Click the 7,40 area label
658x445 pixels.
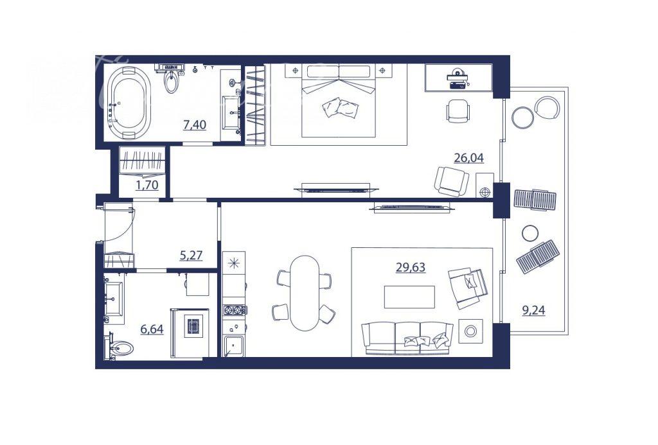point(194,125)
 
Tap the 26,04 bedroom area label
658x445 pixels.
point(468,158)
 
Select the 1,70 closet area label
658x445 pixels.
point(147,184)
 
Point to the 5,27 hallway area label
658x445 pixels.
point(191,255)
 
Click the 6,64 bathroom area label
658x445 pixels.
point(152,329)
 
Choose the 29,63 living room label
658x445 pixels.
point(411,267)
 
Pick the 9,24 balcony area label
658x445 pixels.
point(533,310)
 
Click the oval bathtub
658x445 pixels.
point(129,103)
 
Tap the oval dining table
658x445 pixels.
point(304,293)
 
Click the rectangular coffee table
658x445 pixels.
point(409,297)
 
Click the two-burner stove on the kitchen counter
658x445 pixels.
point(235,310)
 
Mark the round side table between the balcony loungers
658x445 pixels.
point(530,233)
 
